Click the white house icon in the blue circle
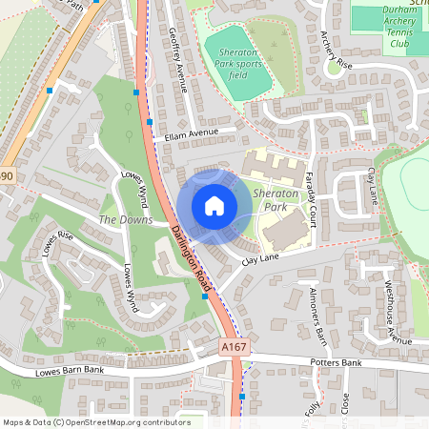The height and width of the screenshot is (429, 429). click(x=214, y=205)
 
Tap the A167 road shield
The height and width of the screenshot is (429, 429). click(x=235, y=348)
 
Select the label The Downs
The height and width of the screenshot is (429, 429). click(x=126, y=220)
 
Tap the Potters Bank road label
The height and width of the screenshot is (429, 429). click(x=338, y=363)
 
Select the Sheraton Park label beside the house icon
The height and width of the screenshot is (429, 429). click(x=277, y=199)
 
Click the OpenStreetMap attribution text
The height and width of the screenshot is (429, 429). click(x=96, y=422)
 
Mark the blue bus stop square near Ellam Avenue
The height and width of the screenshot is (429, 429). click(x=136, y=92)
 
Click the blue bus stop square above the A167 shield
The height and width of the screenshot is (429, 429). click(x=205, y=296)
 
